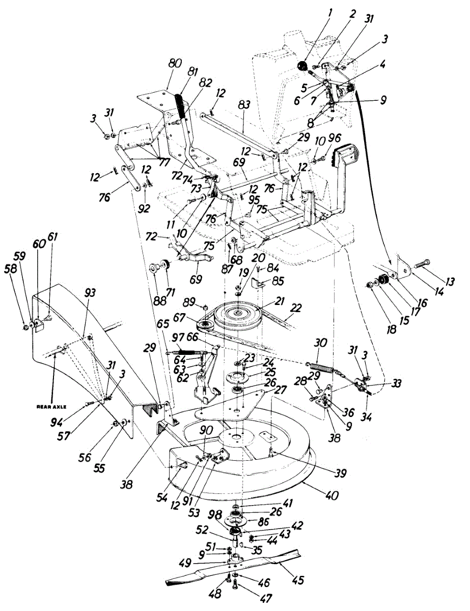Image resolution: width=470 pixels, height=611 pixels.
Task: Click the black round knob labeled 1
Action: [301, 65]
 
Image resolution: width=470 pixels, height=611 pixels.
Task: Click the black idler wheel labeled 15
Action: [382, 281]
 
